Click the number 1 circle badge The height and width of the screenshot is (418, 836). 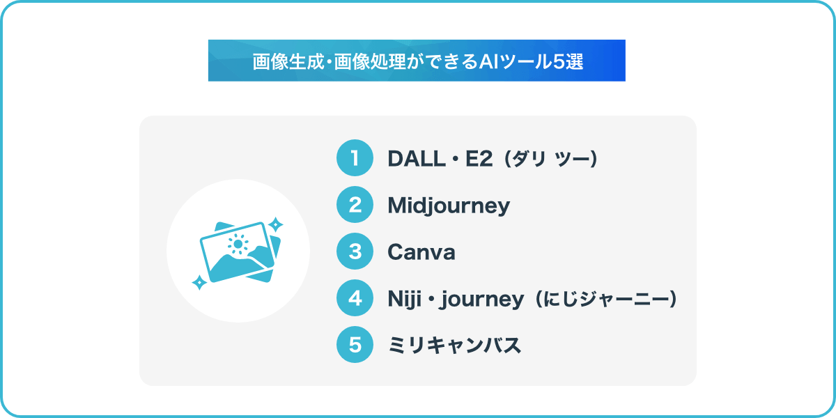coord(355,158)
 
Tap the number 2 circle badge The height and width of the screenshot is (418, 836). coord(355,205)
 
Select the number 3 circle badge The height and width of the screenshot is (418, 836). coord(355,251)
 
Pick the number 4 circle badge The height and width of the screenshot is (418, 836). coord(355,298)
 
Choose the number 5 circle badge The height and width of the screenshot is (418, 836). coord(355,344)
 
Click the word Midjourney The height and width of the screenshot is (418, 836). coord(449,206)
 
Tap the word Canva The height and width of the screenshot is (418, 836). coord(421,252)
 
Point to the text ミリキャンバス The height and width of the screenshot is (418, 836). coord(454,345)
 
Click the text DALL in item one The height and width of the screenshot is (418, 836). coord(417,159)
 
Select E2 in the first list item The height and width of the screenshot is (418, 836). coord(479,159)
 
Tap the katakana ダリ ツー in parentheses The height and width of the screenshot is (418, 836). coord(551,159)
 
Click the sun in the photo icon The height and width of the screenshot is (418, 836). coord(238,244)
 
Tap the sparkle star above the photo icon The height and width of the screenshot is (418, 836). coord(276,224)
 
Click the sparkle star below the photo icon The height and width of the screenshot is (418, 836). coord(199,283)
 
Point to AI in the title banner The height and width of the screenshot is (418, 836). coord(489,61)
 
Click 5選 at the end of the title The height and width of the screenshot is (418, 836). coord(568,61)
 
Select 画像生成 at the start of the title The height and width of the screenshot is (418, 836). coord(288,61)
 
